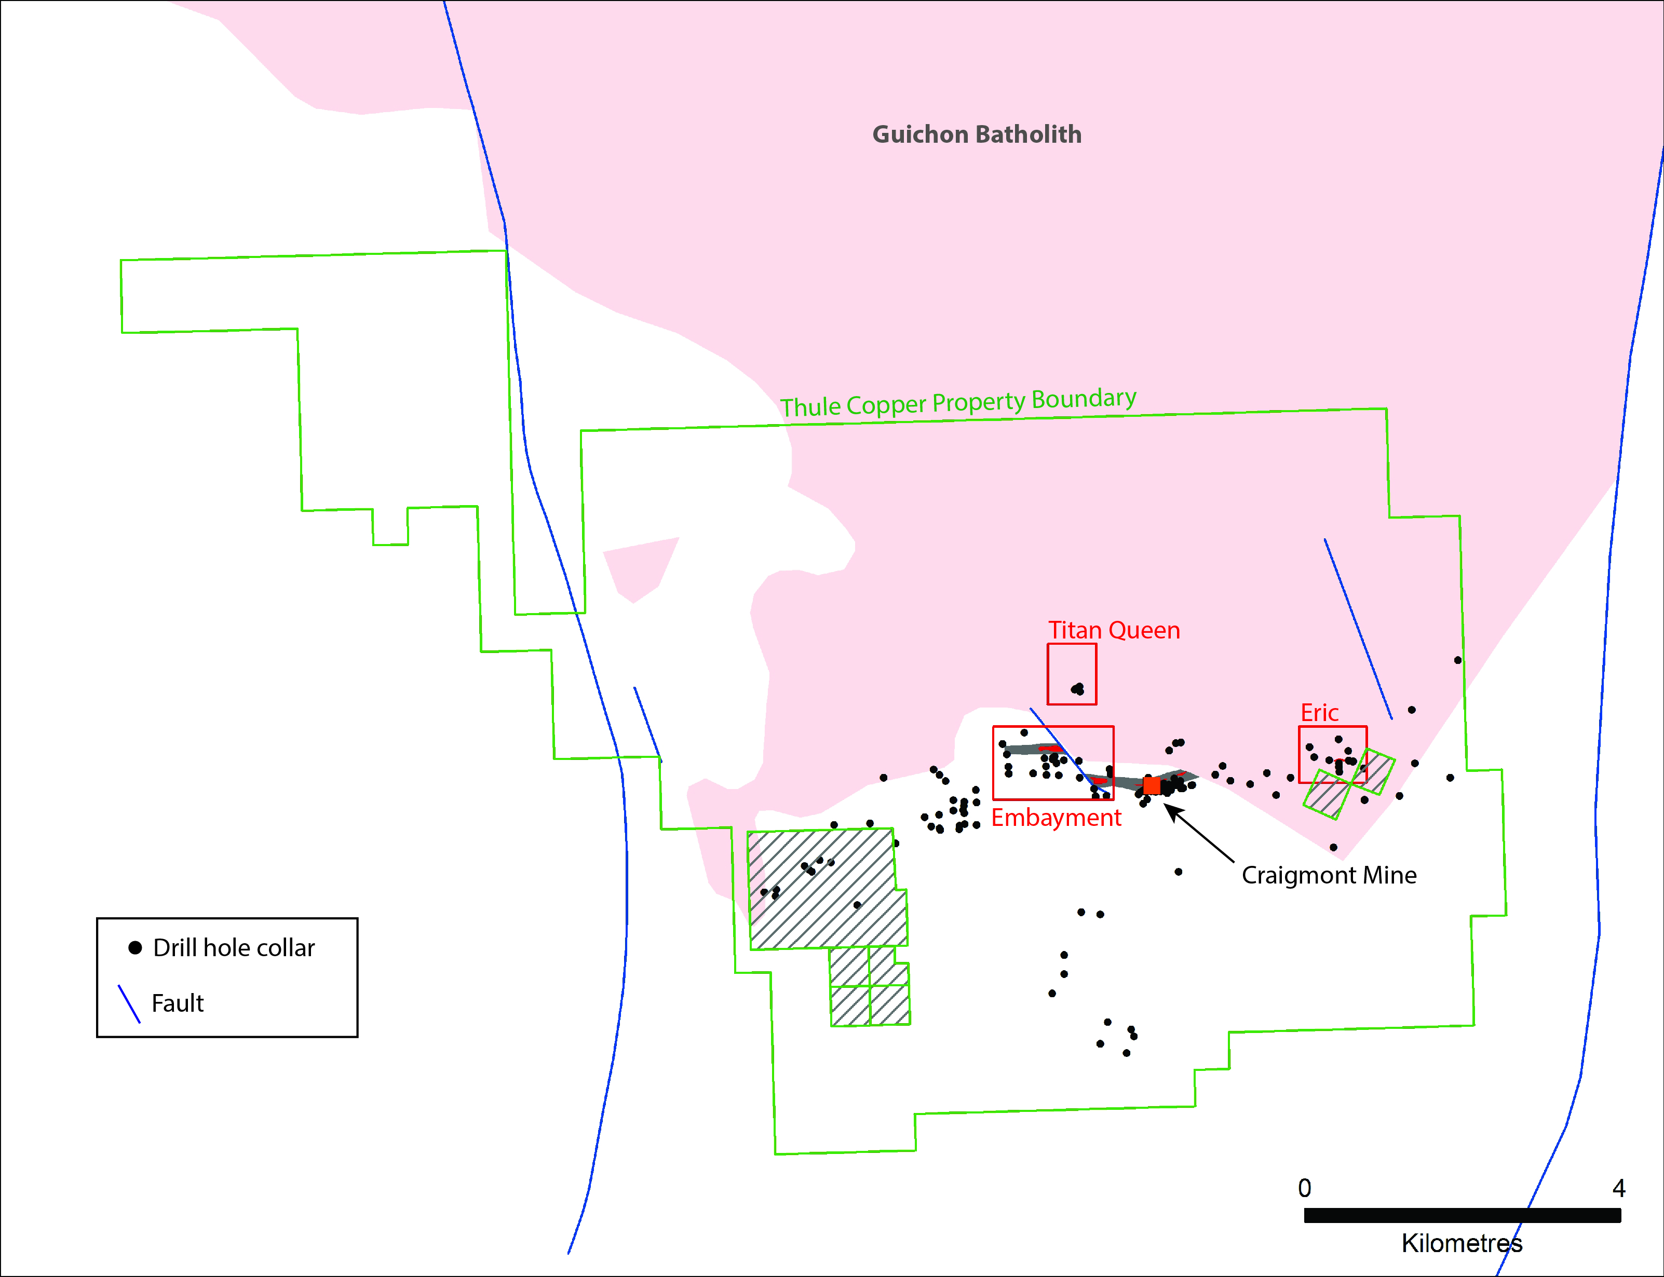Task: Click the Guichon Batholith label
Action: (977, 134)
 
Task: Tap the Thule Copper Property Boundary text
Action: (958, 402)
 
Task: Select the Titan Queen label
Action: (1114, 630)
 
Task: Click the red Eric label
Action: (1320, 713)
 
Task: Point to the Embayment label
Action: (1057, 818)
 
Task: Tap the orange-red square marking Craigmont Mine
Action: (1152, 785)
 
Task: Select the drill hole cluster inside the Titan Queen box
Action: (1078, 689)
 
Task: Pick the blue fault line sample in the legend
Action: (129, 1004)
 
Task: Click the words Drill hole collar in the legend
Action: (234, 948)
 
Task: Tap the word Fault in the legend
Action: (178, 1003)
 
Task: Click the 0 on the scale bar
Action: (1304, 1188)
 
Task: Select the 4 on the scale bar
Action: (1619, 1188)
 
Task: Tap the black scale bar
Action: (1463, 1215)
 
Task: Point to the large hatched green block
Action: (827, 889)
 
